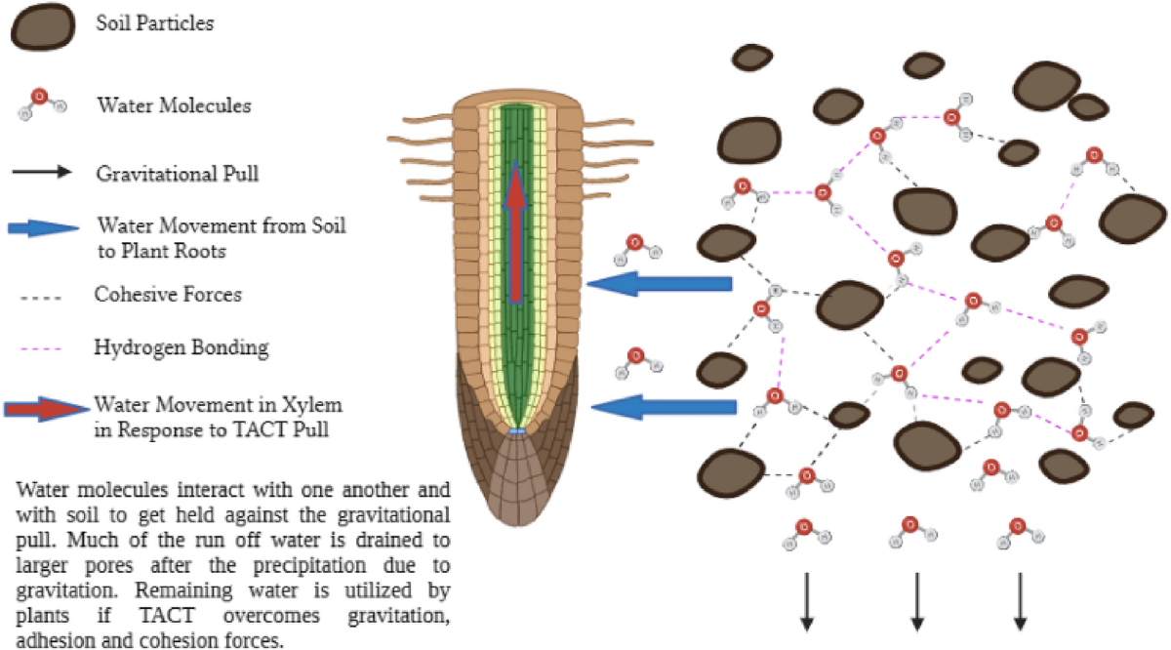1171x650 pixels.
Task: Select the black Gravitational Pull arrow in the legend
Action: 42,173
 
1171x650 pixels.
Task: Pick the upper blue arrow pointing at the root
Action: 660,284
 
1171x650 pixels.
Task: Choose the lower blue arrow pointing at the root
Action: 662,406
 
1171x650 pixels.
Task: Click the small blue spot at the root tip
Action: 517,430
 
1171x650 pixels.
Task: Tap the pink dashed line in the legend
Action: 39,347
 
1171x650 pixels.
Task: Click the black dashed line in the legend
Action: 39,294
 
